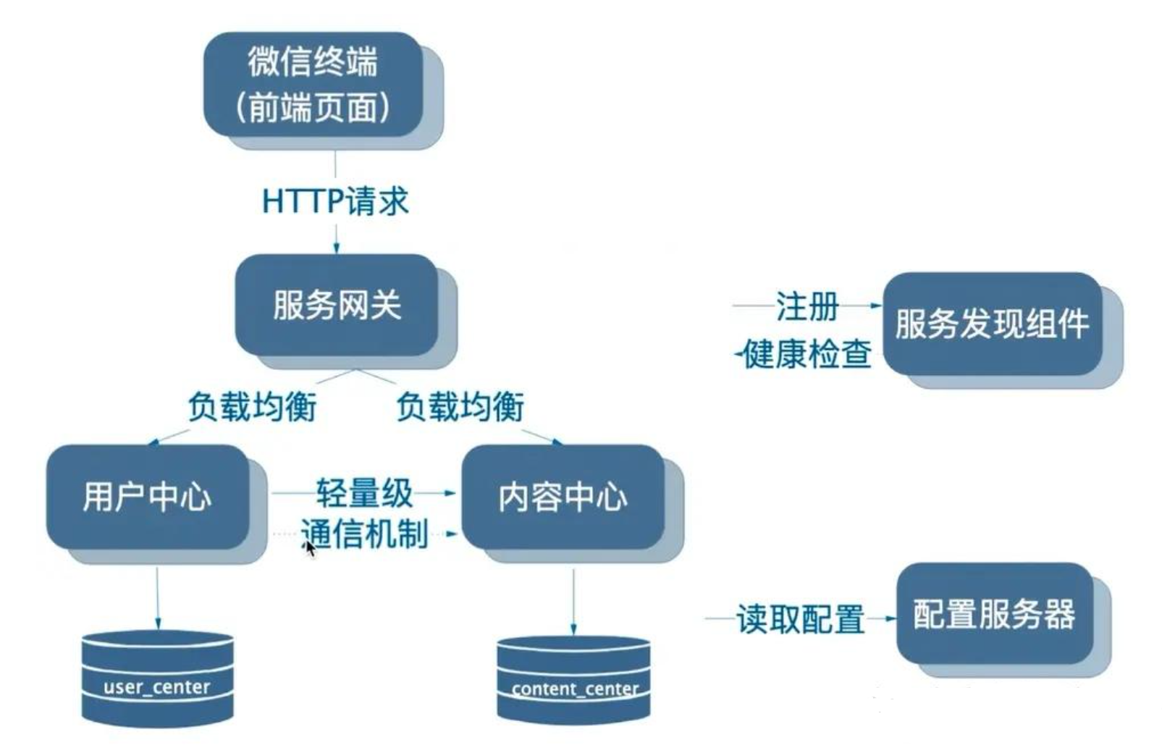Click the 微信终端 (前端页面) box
(x=313, y=84)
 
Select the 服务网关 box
(x=337, y=304)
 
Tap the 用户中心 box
(x=148, y=497)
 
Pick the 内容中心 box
(x=563, y=497)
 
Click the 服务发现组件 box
(x=992, y=323)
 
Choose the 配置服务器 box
(x=994, y=613)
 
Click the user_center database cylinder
(x=157, y=678)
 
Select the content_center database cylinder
(x=573, y=681)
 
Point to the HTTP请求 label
(x=335, y=201)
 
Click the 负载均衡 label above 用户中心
(x=252, y=406)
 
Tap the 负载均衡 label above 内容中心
(x=460, y=406)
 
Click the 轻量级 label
(x=364, y=493)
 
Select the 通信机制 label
(x=364, y=534)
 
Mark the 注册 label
(x=807, y=306)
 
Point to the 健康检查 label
(x=807, y=354)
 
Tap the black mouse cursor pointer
(x=310, y=548)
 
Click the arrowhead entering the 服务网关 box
(x=336, y=248)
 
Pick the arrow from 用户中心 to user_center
(x=157, y=597)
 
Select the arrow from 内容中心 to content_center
(x=573, y=601)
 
